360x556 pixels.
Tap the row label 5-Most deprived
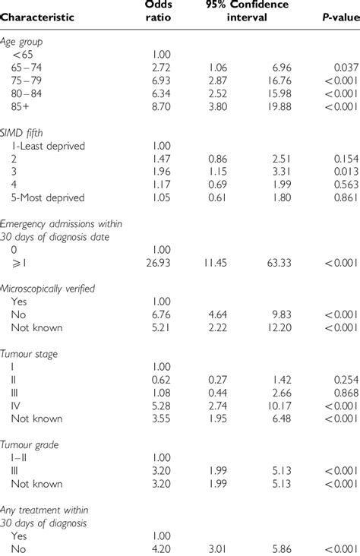tap(47, 197)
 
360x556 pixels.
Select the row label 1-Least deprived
tap(48, 146)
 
